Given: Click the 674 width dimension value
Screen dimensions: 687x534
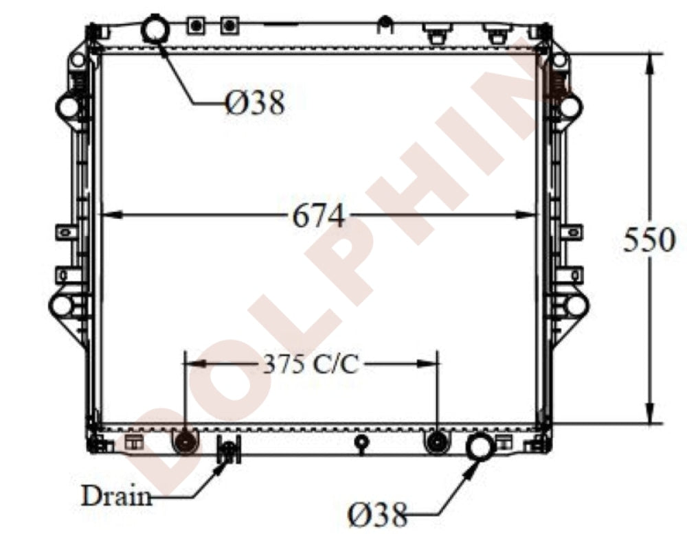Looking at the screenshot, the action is tap(319, 216).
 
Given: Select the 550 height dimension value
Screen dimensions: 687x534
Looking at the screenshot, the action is tap(649, 240).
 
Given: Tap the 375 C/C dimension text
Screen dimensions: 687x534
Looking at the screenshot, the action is tap(311, 364).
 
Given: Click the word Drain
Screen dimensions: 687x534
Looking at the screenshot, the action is tap(117, 496).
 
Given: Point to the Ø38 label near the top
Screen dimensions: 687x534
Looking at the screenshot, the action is tap(255, 103).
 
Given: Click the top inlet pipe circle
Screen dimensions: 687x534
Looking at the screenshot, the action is tap(155, 27).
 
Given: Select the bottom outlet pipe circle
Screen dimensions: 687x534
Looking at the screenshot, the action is tap(481, 447).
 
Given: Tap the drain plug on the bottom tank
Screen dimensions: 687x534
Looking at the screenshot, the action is tap(228, 450).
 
